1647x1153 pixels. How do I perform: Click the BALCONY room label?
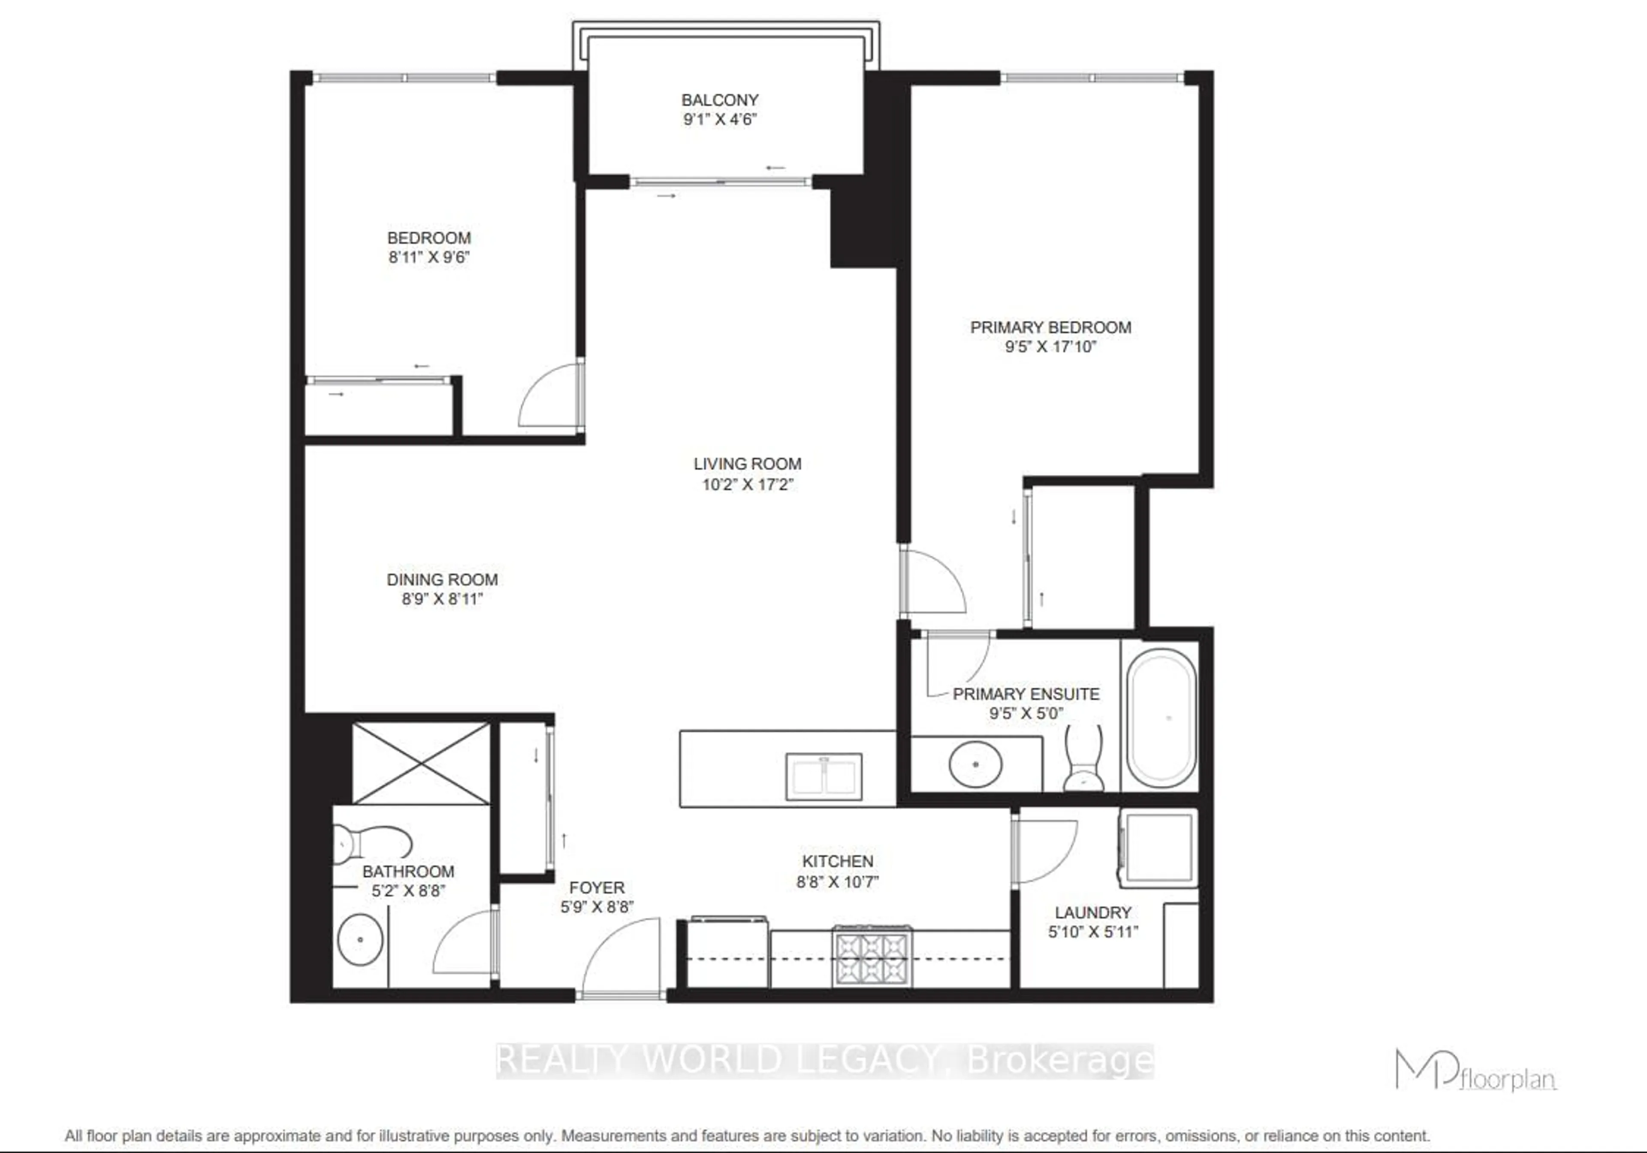coord(719,100)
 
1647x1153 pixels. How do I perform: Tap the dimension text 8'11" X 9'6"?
coord(429,257)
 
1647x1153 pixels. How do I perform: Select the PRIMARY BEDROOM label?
coord(1050,327)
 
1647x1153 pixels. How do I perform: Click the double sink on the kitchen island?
coord(823,776)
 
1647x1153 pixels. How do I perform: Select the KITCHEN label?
coord(837,861)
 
